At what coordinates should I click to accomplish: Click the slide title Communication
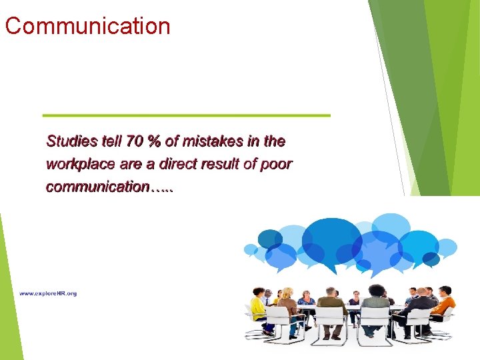coord(87,26)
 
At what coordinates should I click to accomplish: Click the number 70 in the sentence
coord(135,141)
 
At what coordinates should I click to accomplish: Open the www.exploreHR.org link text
coord(48,293)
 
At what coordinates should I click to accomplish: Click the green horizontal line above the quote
coord(186,115)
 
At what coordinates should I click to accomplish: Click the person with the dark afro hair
coord(376,300)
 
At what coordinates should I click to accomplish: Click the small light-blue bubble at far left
coord(251,250)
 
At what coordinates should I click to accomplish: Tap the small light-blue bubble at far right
coord(446,247)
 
